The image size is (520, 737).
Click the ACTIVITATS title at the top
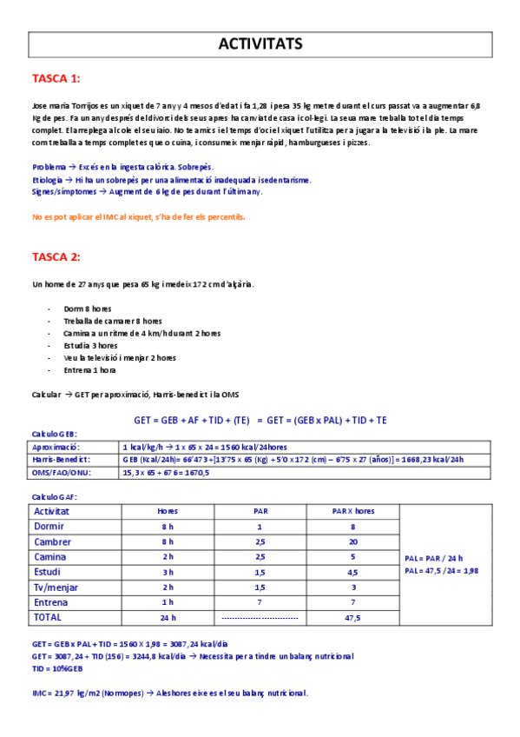tap(260, 44)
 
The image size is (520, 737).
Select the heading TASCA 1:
tap(56, 79)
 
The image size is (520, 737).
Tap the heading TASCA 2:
tap(56, 256)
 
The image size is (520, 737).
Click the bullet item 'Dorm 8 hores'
tap(87, 309)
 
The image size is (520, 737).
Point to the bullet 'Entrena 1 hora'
tap(89, 369)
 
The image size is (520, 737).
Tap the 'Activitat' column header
tap(51, 511)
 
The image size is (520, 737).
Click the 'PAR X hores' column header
tap(352, 511)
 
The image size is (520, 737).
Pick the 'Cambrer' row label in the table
tap(51, 541)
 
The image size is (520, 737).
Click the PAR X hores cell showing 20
tap(352, 541)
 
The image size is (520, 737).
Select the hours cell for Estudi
tap(168, 572)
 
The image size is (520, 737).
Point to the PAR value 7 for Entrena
tap(260, 602)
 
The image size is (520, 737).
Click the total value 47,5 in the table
tap(352, 618)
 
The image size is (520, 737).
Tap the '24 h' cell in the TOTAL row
tap(168, 618)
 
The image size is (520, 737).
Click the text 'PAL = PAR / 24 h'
tap(434, 558)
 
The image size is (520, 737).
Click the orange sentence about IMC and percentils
tap(139, 216)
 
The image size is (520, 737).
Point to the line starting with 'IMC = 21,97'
tap(169, 693)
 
